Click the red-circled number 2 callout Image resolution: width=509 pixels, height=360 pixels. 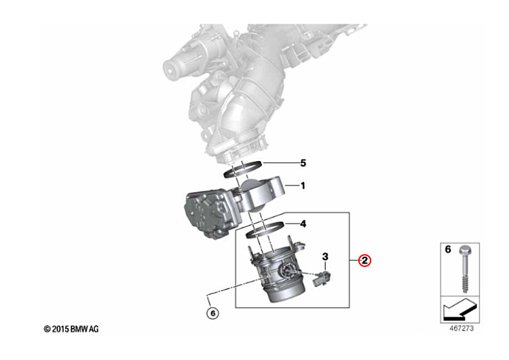(364, 260)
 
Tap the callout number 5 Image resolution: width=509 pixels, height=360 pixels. (303, 163)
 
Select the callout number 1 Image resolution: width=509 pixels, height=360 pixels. (303, 186)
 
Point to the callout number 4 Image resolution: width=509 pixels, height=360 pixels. (303, 224)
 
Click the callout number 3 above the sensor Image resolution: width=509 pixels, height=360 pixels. (325, 257)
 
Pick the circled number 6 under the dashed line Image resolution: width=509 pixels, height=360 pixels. (212, 313)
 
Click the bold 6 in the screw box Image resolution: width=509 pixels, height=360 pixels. (448, 249)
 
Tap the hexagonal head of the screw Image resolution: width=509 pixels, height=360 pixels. (465, 250)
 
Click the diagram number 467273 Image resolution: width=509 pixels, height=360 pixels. (461, 329)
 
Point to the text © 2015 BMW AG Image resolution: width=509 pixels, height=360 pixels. (71, 329)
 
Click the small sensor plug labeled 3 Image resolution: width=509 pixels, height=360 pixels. (322, 278)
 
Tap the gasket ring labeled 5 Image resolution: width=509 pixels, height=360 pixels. (243, 169)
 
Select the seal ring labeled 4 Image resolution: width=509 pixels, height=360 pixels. (265, 230)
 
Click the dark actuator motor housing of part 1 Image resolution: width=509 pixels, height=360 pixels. (208, 213)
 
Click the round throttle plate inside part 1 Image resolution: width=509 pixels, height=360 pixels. (253, 195)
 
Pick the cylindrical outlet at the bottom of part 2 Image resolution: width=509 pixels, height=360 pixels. (286, 292)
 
